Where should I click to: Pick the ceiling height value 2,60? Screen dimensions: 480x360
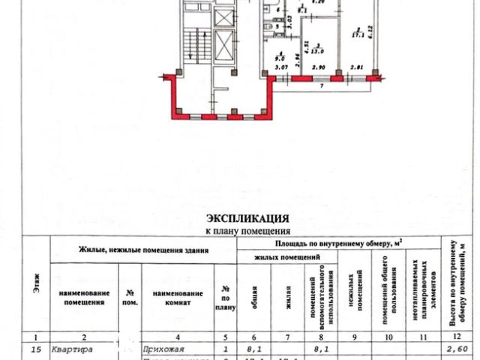tap(453, 348)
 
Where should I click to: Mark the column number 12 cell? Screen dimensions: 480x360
tap(453, 336)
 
